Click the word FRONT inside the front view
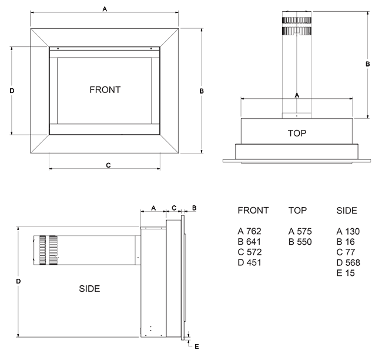(x=105, y=90)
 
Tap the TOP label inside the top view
(x=297, y=133)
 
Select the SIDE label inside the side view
(x=89, y=289)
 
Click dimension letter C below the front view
(x=108, y=165)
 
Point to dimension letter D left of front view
(x=12, y=91)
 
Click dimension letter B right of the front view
(x=202, y=91)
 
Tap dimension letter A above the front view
(x=105, y=9)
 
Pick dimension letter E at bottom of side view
(x=197, y=346)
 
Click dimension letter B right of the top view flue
(x=368, y=64)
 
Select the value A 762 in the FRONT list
(x=249, y=231)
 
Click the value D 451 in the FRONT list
(x=249, y=263)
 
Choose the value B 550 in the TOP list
(x=300, y=242)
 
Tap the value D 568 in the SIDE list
(x=349, y=263)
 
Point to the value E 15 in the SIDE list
(x=346, y=273)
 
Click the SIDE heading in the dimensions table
(x=347, y=211)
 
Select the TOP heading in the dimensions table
(x=298, y=211)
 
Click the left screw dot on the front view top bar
(x=58, y=49)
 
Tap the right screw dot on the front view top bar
(x=151, y=49)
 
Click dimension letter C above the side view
(x=174, y=208)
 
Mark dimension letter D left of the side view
(x=18, y=281)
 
